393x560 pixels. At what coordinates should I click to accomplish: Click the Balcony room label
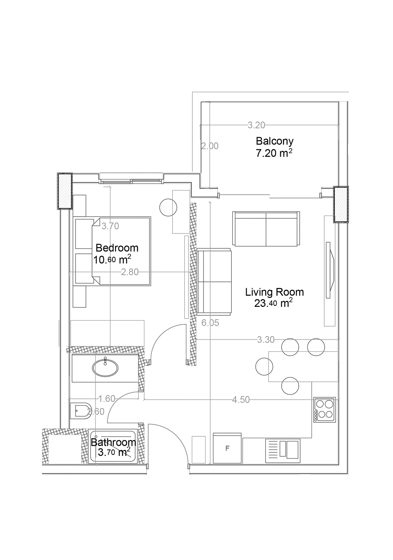point(274,141)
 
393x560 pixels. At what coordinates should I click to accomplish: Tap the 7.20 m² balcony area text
point(274,153)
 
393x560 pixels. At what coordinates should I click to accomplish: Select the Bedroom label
point(117,248)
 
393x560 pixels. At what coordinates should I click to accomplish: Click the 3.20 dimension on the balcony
point(256,125)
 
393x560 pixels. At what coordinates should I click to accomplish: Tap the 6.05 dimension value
point(210,323)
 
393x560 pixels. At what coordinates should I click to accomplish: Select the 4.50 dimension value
point(241,400)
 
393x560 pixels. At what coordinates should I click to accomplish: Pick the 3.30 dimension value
point(266,340)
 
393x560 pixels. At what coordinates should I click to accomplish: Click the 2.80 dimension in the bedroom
point(130,272)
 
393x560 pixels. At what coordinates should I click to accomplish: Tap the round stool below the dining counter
point(290,386)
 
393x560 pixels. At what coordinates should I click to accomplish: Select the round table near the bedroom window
point(168,208)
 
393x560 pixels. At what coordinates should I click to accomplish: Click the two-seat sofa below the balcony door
point(266,228)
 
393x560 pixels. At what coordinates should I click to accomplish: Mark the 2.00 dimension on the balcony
point(210,146)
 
